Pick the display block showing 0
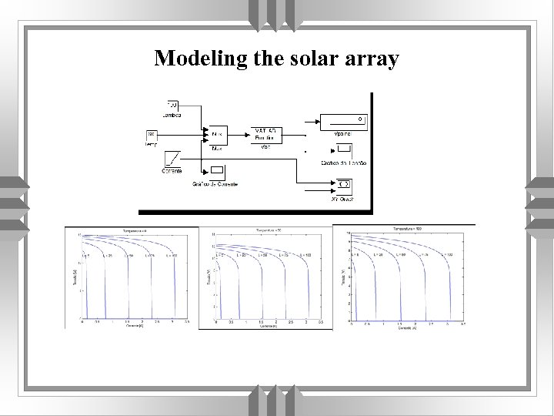coord(342,119)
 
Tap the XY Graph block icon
coord(344,185)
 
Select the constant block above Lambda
coord(172,105)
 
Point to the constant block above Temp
coord(152,136)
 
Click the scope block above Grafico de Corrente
coord(217,171)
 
